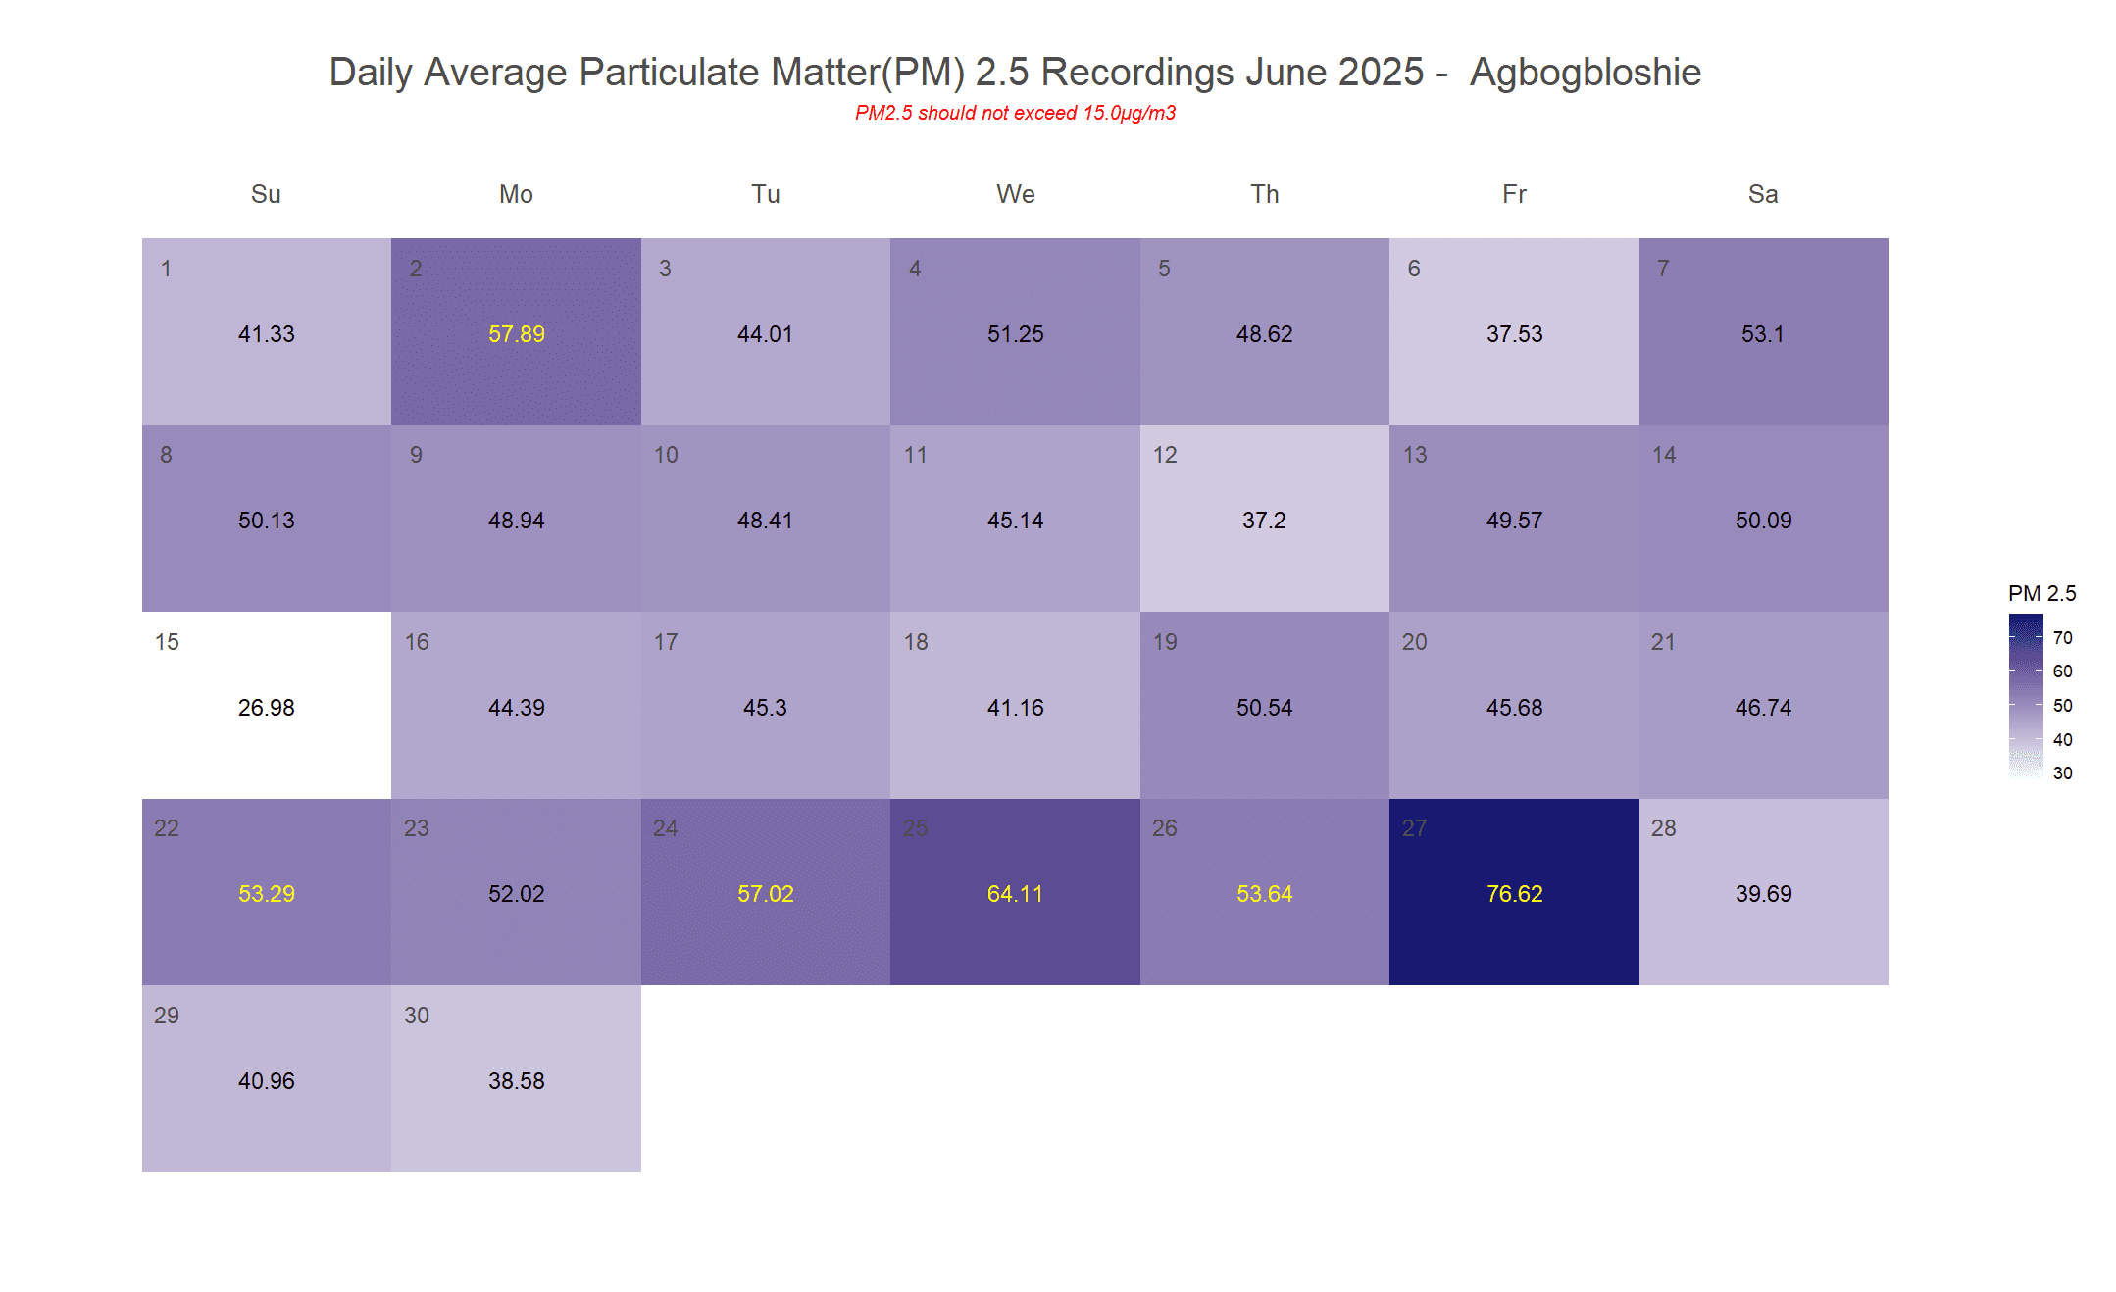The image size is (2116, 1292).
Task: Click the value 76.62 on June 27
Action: pyautogui.click(x=1514, y=894)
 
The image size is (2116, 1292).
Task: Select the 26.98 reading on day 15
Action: pyautogui.click(x=266, y=708)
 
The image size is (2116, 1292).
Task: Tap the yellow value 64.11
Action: pyautogui.click(x=1015, y=894)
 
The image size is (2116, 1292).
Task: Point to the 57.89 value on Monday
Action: pyautogui.click(x=516, y=334)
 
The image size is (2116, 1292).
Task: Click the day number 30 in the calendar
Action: pyautogui.click(x=417, y=1016)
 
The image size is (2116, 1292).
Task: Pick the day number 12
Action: pyautogui.click(x=1165, y=455)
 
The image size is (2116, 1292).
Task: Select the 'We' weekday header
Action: pyautogui.click(x=1015, y=194)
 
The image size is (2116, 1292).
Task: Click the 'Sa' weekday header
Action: pyautogui.click(x=1762, y=194)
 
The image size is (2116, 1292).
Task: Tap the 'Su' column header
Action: pyautogui.click(x=266, y=194)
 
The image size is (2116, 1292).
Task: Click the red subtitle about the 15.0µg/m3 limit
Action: pyautogui.click(x=1015, y=113)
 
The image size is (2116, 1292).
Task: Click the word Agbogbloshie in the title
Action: pyautogui.click(x=1585, y=73)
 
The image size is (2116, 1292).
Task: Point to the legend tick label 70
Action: pyautogui.click(x=2063, y=638)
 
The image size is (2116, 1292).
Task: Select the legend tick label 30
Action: pyautogui.click(x=2063, y=773)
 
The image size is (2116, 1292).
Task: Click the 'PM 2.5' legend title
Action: pyautogui.click(x=2041, y=593)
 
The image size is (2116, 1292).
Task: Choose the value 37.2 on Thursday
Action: pyautogui.click(x=1264, y=521)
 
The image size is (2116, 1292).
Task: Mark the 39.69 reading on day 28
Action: pyautogui.click(x=1763, y=894)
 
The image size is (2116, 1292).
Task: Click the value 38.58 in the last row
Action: pyautogui.click(x=516, y=1081)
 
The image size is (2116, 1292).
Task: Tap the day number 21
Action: pyautogui.click(x=1663, y=642)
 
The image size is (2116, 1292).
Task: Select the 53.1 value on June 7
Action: pyautogui.click(x=1762, y=334)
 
